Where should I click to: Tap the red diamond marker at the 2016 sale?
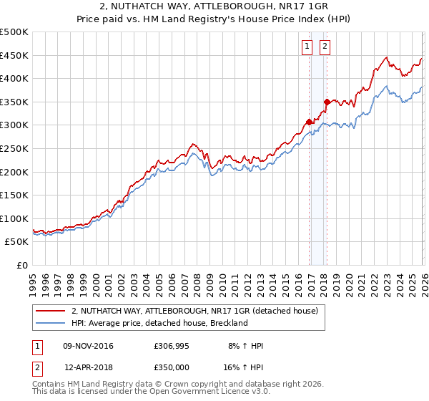pos(310,122)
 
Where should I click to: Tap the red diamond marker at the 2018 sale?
pos(327,102)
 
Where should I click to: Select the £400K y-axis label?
pos(14,79)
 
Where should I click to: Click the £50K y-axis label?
pos(17,242)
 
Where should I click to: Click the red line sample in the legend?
pos(51,311)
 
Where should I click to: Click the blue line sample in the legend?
pos(51,323)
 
